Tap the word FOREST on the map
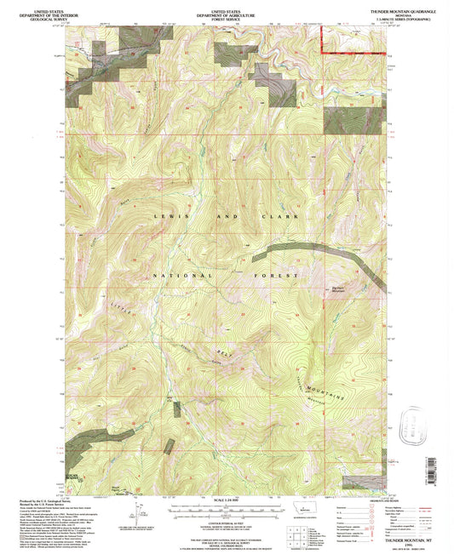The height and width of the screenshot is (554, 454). click(x=283, y=277)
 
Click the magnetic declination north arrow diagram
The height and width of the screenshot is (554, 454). click(x=137, y=512)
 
